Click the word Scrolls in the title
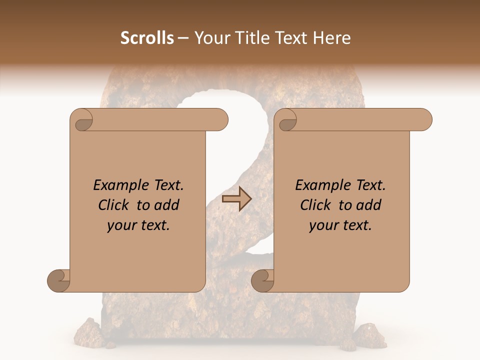click(147, 38)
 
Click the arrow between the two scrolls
click(236, 199)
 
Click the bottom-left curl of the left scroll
click(58, 280)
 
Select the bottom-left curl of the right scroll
click(262, 280)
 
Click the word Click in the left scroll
click(113, 205)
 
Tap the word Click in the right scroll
click(315, 205)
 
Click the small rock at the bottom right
click(370, 332)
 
